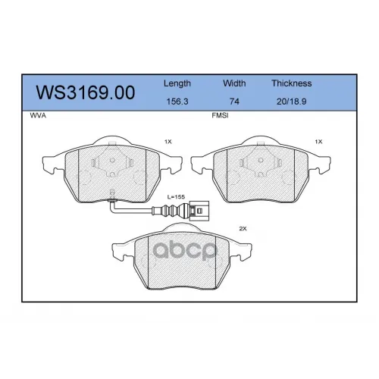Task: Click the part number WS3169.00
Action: [86, 92]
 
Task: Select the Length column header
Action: [177, 83]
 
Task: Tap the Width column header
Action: [234, 83]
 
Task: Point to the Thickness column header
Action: [292, 83]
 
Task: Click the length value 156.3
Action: [177, 102]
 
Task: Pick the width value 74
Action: [234, 102]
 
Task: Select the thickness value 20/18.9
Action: [292, 102]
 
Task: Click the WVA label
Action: [38, 115]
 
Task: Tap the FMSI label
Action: [220, 115]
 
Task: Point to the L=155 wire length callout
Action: [176, 196]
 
